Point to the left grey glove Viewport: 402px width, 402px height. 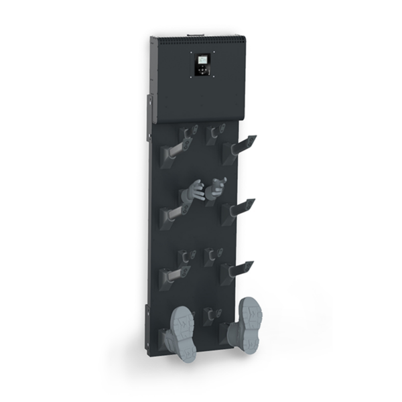[193, 193]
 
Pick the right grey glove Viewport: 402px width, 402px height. [216, 188]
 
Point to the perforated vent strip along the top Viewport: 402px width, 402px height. [201, 42]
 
